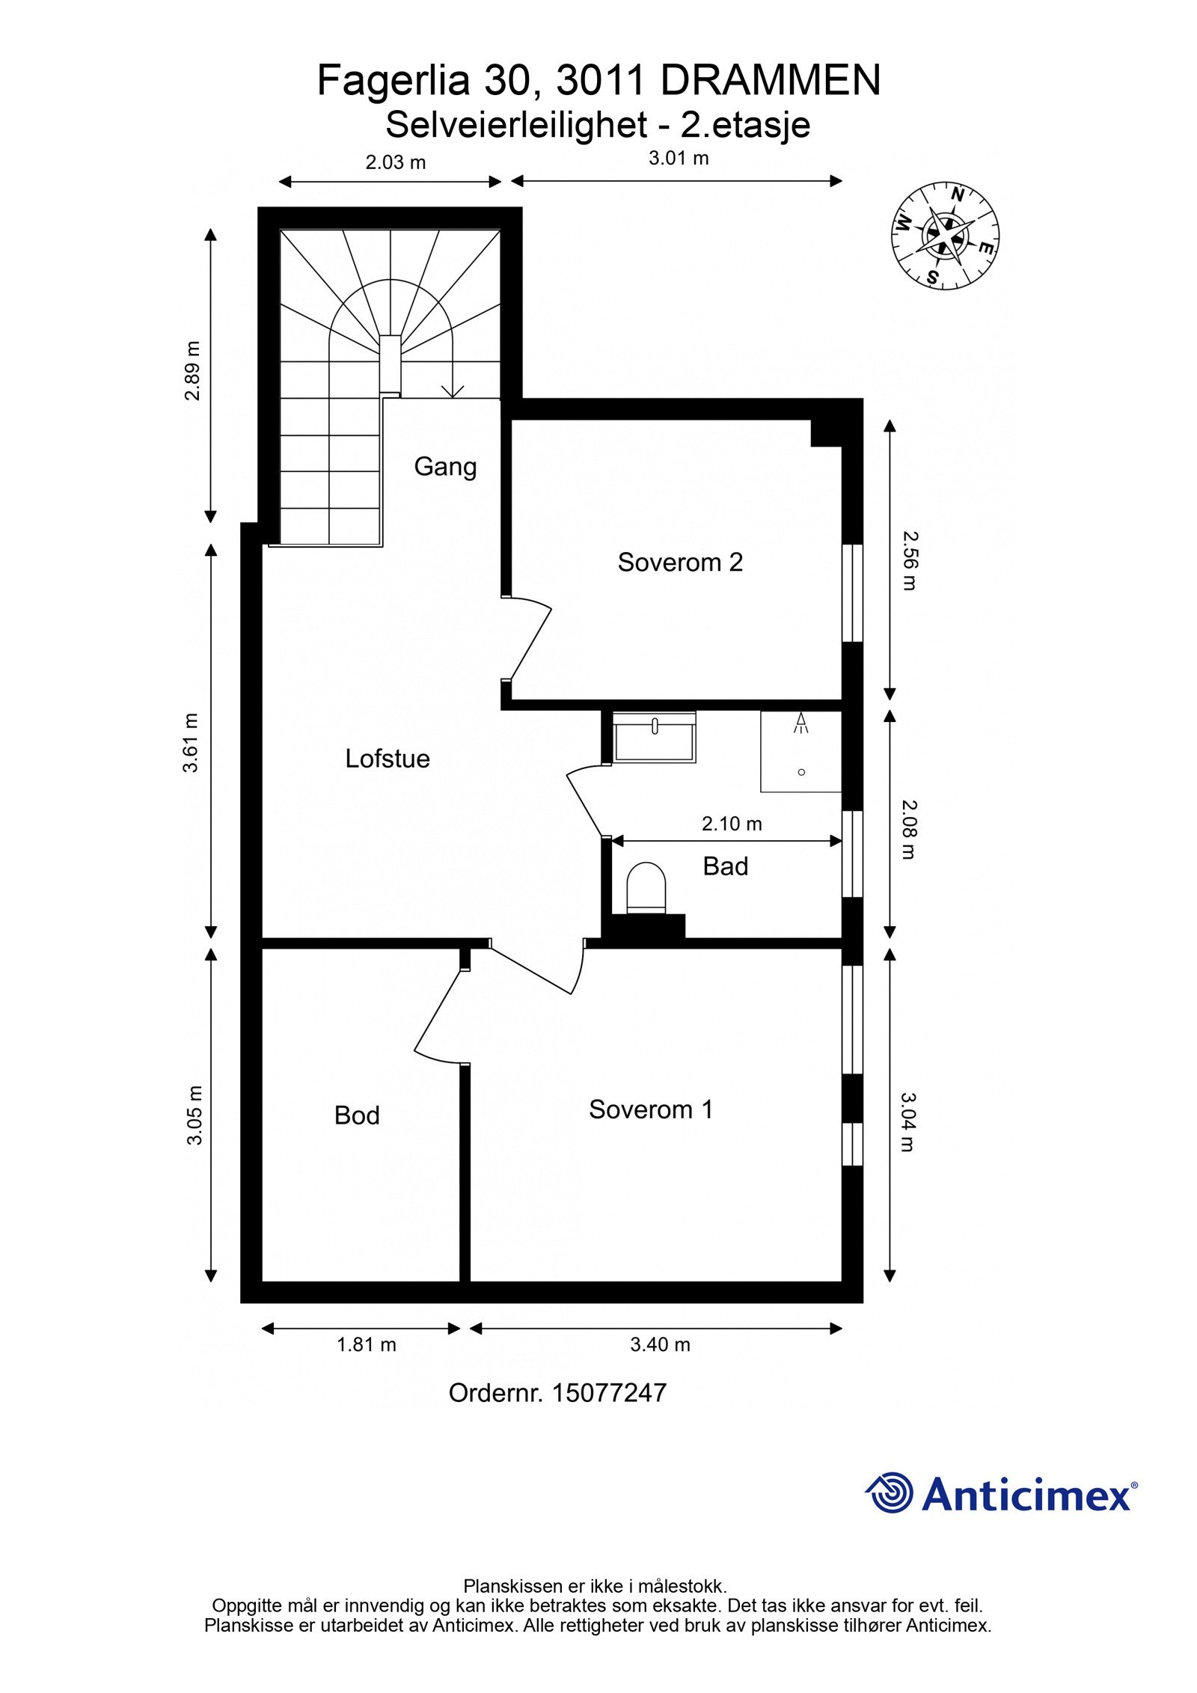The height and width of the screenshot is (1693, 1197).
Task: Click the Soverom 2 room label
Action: click(x=680, y=562)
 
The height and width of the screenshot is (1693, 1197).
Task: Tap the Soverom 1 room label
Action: click(x=651, y=1109)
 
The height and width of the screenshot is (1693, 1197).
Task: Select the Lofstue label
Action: click(x=388, y=759)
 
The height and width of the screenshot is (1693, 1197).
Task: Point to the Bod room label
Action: click(x=357, y=1115)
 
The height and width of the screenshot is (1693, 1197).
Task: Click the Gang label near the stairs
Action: click(x=445, y=467)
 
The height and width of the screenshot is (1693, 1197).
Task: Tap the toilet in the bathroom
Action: click(x=646, y=888)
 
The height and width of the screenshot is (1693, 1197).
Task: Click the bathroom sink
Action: click(x=654, y=738)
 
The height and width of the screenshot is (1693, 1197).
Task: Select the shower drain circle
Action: click(x=801, y=772)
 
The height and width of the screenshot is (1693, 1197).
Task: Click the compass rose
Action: click(x=946, y=235)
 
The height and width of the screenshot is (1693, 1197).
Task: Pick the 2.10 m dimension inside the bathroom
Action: click(x=732, y=824)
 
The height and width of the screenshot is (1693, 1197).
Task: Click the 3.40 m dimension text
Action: click(x=660, y=1344)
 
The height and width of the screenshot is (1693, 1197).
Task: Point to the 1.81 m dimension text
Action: click(x=366, y=1344)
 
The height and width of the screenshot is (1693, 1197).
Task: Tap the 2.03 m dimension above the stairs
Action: click(x=395, y=162)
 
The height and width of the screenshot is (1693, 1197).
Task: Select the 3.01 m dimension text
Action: click(x=679, y=158)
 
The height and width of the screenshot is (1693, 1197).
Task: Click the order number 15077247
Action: click(x=609, y=1392)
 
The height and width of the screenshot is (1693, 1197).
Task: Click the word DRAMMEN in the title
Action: click(x=771, y=80)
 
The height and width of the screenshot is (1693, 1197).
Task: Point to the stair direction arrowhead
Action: click(x=453, y=391)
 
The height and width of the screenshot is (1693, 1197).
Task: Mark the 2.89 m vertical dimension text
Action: click(x=193, y=370)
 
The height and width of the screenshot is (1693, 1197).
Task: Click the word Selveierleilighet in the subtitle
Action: click(x=516, y=125)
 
